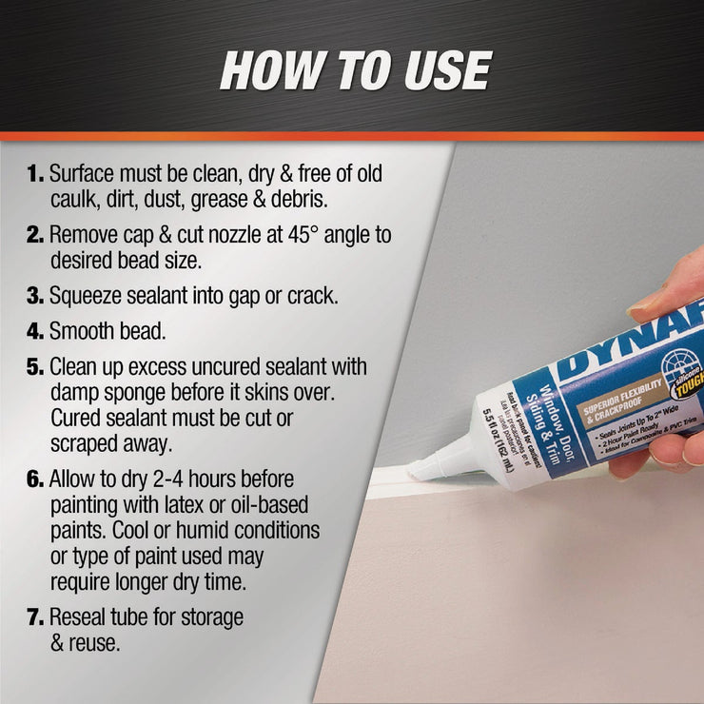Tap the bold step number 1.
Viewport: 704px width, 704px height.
pos(35,175)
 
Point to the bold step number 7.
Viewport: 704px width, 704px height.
pos(35,617)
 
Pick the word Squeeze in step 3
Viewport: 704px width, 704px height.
pos(88,295)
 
